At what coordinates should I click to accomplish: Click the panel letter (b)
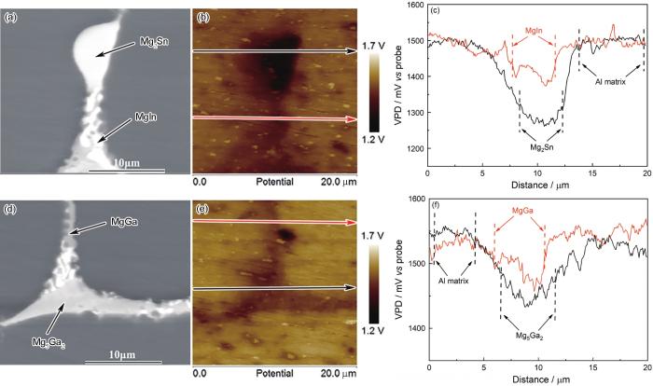click(x=202, y=17)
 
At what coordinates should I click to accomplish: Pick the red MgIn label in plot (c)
click(x=534, y=32)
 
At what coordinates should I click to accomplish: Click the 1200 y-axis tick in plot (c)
click(x=413, y=149)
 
